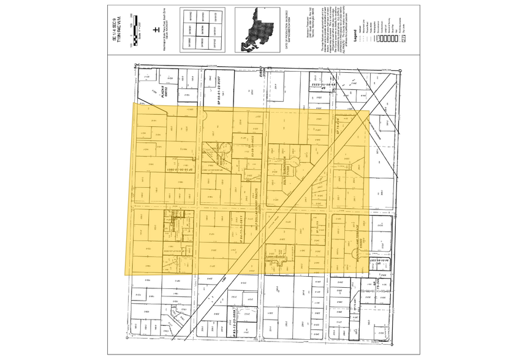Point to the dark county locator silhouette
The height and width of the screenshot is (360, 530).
[257, 27]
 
